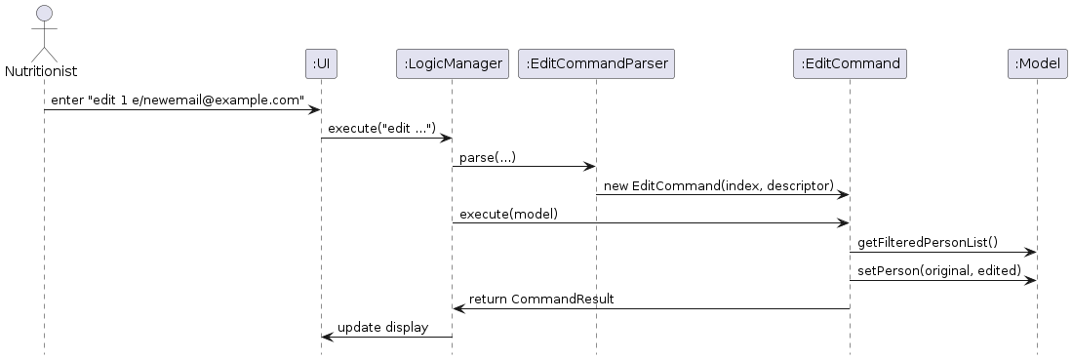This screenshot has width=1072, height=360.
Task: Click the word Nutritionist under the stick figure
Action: (41, 71)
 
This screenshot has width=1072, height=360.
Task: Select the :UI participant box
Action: (321, 64)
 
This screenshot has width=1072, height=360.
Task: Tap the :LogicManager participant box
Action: (452, 64)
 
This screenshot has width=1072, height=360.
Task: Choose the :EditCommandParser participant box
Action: (596, 64)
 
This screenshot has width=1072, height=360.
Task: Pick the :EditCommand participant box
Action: (849, 64)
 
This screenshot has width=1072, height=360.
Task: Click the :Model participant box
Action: (1036, 64)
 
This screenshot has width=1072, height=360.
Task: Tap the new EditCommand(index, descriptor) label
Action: (719, 185)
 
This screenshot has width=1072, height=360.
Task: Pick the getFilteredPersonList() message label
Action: (928, 242)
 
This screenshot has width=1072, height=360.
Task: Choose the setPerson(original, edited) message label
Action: (939, 270)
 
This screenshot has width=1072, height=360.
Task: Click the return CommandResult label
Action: (541, 299)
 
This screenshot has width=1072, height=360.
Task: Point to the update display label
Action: (382, 327)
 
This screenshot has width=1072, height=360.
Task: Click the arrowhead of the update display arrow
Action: (327, 337)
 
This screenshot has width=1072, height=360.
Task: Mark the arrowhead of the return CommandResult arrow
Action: (458, 308)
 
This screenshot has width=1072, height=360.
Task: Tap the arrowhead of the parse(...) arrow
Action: (590, 167)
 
